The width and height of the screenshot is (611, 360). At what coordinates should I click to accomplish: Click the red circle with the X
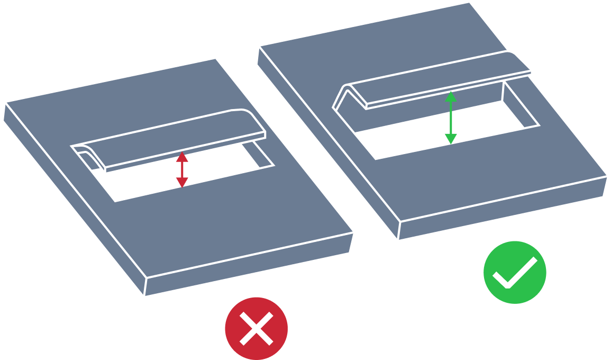point(256,328)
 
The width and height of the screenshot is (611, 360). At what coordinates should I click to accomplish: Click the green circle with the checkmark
point(514,272)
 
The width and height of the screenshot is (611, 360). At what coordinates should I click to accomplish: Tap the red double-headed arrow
point(182,169)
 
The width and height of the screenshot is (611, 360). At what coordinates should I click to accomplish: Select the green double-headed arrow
point(450,118)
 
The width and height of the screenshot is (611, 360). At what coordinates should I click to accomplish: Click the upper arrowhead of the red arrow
point(182,156)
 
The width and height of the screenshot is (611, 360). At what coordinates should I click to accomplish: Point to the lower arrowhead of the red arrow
point(182,183)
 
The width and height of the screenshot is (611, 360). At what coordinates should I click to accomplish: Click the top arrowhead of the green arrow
point(450,96)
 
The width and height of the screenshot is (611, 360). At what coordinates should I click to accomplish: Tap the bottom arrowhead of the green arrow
point(450,139)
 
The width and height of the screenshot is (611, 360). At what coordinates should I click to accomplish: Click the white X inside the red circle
point(256,328)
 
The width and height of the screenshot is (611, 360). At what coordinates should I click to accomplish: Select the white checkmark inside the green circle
point(514,273)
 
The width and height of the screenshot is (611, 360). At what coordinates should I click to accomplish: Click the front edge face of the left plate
point(249,265)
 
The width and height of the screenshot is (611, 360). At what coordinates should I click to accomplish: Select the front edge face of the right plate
point(503,209)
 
